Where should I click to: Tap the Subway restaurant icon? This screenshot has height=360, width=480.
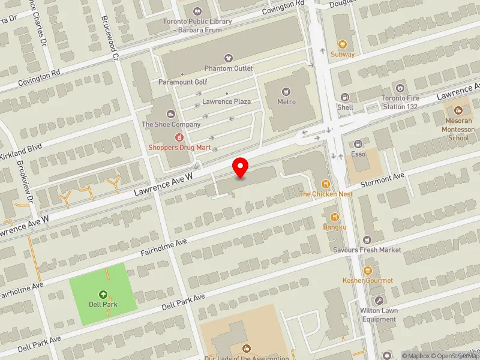343,44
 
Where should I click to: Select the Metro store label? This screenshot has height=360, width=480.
286,101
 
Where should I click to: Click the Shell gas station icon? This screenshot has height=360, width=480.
344,97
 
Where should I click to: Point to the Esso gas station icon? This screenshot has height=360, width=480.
358,144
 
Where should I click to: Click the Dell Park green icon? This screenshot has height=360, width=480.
103,295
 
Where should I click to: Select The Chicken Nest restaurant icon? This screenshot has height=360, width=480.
326,184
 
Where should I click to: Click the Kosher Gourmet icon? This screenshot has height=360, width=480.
368,271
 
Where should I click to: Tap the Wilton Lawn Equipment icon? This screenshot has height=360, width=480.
378,300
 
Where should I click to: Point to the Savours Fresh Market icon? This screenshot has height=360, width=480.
367,240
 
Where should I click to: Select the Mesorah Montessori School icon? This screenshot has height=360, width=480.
458,110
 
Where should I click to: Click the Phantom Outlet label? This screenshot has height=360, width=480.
228,68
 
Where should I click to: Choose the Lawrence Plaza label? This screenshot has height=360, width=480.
226,101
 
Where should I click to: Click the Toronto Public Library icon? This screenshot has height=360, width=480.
197,11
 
